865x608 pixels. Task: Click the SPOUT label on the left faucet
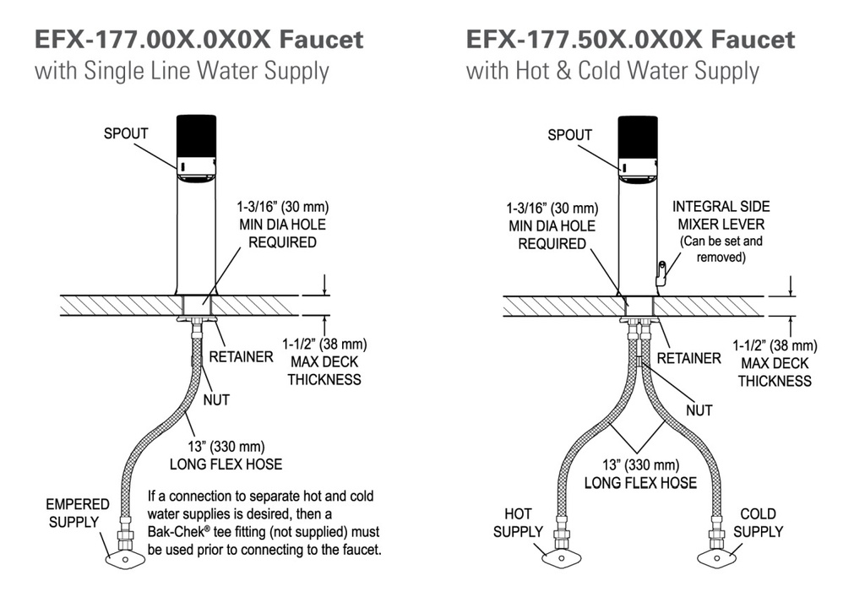(126, 133)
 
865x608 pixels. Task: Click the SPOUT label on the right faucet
(569, 135)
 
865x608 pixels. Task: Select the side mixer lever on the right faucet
(661, 274)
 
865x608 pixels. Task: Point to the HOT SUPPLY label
(518, 523)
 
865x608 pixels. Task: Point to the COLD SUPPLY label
(758, 523)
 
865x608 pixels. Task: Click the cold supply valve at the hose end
(716, 558)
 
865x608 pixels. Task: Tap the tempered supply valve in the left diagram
(125, 560)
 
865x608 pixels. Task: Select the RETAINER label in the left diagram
(241, 357)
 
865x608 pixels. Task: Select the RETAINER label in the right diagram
(688, 359)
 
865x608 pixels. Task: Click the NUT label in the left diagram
(216, 400)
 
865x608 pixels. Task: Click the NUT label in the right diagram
(699, 410)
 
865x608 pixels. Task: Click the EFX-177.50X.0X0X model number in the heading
(585, 40)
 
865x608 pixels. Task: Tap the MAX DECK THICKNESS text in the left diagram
(324, 371)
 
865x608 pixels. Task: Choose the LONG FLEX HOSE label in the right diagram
(640, 483)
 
